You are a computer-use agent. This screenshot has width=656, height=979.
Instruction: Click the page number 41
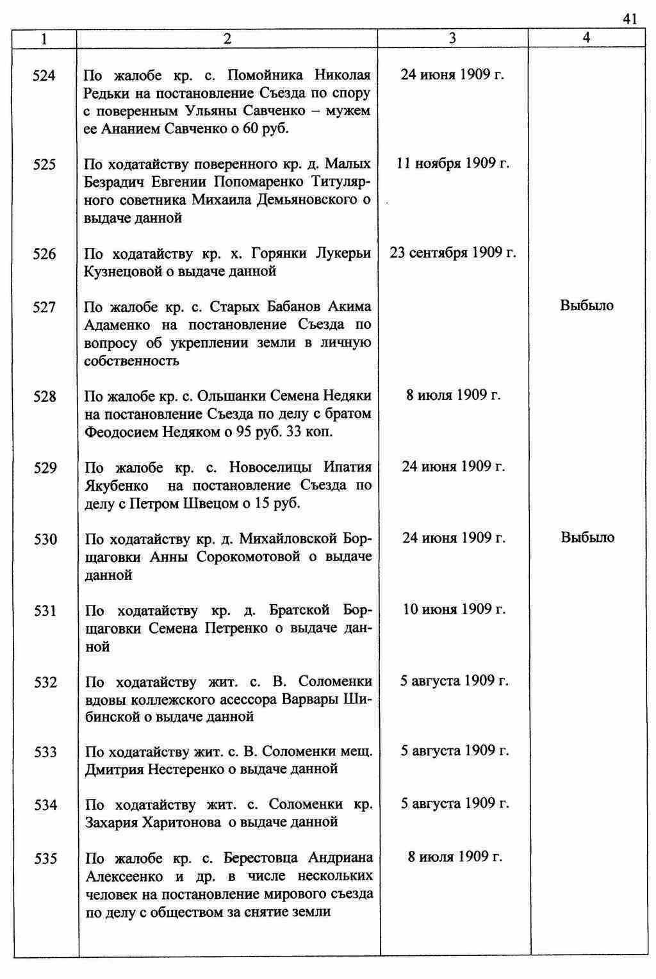pyautogui.click(x=630, y=19)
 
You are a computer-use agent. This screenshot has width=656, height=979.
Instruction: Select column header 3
pyautogui.click(x=452, y=38)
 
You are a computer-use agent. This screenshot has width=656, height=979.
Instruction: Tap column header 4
pyautogui.click(x=586, y=38)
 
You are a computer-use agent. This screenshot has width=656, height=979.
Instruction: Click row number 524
pyautogui.click(x=44, y=76)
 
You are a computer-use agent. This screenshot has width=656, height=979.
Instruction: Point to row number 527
pyautogui.click(x=45, y=308)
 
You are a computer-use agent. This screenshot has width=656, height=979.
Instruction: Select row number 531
pyautogui.click(x=45, y=611)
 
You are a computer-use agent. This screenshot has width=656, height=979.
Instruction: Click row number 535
pyautogui.click(x=45, y=859)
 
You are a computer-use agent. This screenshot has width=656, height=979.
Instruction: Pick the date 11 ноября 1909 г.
pyautogui.click(x=453, y=163)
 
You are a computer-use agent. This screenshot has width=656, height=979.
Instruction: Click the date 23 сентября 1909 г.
pyautogui.click(x=453, y=252)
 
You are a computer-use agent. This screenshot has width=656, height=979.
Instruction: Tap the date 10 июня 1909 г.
pyautogui.click(x=454, y=609)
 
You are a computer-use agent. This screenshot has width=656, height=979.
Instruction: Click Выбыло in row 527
pyautogui.click(x=587, y=306)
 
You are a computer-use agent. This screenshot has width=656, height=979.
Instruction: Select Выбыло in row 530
pyautogui.click(x=587, y=538)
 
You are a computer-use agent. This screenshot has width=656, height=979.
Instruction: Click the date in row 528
pyautogui.click(x=453, y=395)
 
